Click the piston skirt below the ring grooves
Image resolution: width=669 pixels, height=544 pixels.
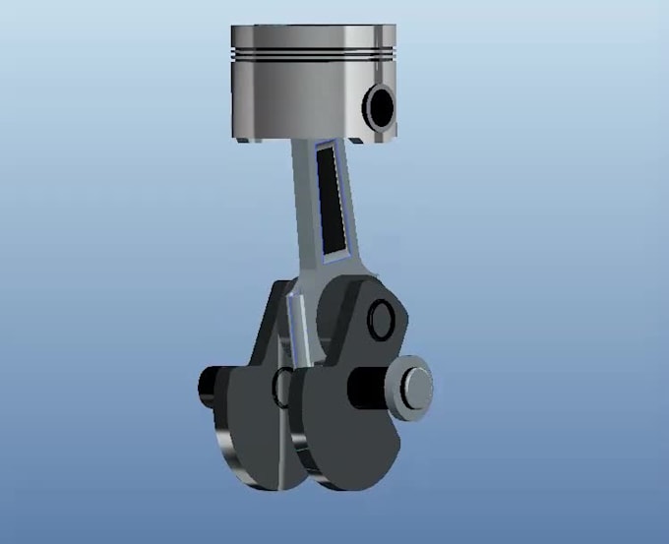coord(295,103)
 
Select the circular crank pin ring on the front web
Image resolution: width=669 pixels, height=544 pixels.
coord(381,317)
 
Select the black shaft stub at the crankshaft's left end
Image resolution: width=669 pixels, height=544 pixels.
coord(212,387)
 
